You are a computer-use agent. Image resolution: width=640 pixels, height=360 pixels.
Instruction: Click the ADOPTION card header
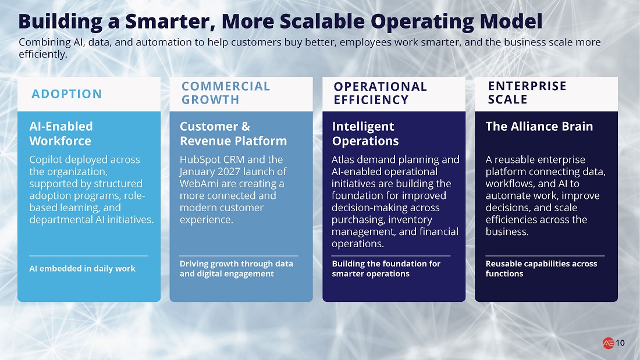tap(66, 94)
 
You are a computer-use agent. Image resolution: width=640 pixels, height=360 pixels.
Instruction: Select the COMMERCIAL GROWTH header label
tap(226, 93)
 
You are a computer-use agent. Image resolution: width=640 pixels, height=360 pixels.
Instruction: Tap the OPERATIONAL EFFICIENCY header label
tap(380, 93)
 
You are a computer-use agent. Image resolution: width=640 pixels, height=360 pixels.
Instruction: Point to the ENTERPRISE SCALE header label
tap(527, 92)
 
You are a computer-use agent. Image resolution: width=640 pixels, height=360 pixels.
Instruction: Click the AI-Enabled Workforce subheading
tap(61, 133)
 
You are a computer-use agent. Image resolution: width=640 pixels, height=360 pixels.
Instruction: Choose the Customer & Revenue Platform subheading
tap(233, 133)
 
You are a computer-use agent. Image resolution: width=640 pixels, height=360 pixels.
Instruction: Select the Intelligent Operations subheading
tap(365, 133)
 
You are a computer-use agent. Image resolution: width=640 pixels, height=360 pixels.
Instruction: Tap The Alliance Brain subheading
tap(539, 127)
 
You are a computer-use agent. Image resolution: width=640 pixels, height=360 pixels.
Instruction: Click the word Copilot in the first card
tap(45, 159)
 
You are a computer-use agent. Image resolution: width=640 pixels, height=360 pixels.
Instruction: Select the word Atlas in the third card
tap(343, 159)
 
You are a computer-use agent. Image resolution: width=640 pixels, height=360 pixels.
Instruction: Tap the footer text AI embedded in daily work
tap(82, 269)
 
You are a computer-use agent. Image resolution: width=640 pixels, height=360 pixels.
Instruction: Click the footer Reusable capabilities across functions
tap(541, 269)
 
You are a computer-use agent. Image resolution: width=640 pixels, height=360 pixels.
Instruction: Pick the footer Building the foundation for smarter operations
tap(386, 269)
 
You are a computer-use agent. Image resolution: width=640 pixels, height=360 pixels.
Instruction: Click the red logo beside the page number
tap(608, 343)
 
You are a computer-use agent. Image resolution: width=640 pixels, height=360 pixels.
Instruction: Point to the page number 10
tap(620, 343)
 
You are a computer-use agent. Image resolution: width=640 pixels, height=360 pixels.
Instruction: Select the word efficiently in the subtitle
tap(43, 54)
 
